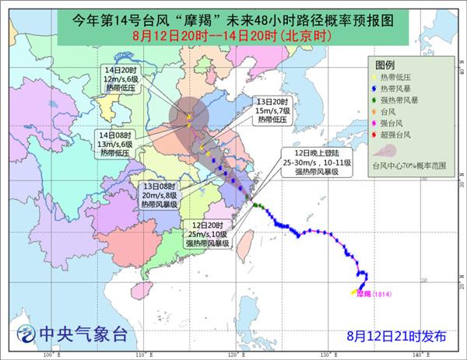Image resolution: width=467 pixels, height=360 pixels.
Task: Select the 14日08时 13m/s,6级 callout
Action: [114, 143]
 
